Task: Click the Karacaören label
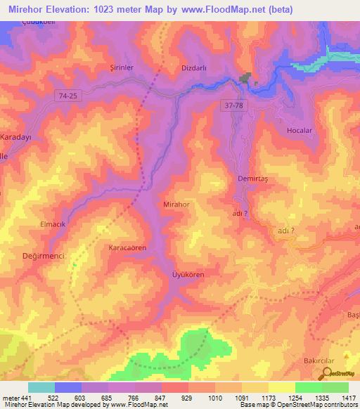[x=127, y=248]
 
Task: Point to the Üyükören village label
[x=188, y=275]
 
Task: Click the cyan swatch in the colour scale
[x=41, y=387]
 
